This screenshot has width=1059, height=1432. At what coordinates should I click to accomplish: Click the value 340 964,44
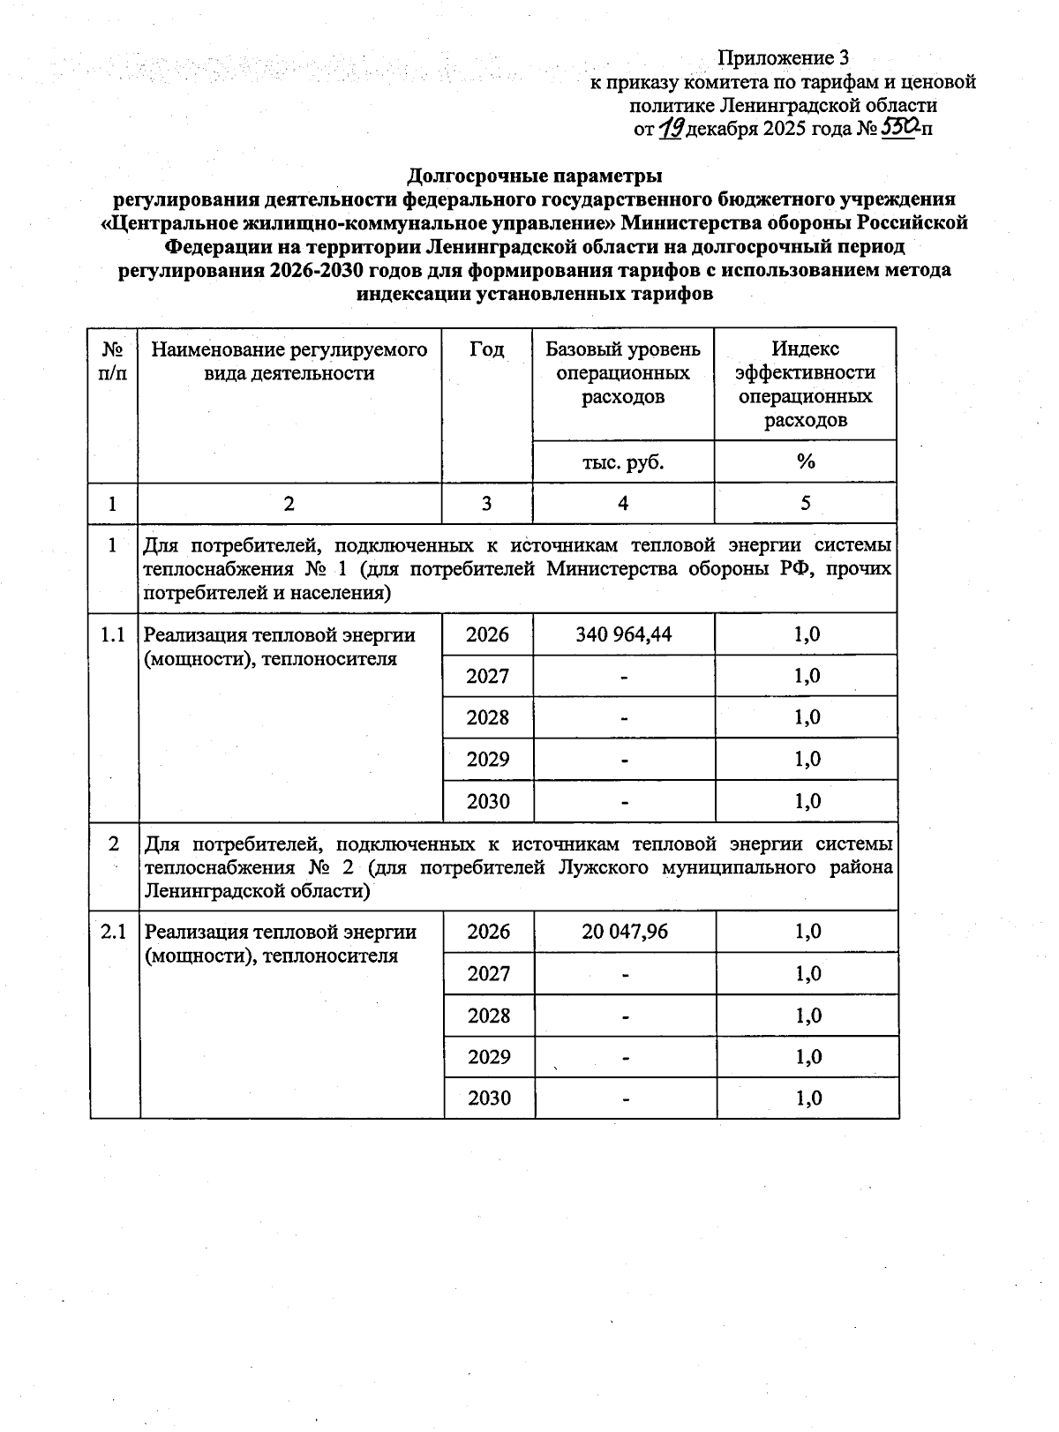(x=623, y=634)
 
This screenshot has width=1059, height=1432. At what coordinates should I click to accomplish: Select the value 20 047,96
(x=625, y=932)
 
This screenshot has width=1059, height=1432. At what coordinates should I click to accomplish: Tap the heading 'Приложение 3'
(x=783, y=58)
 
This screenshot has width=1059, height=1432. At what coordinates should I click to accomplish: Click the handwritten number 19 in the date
(x=671, y=129)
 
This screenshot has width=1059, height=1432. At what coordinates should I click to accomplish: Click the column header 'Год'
(x=486, y=350)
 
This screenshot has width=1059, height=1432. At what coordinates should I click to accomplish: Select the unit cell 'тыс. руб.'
(x=623, y=462)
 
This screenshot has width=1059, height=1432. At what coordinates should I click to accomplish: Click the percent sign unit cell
(x=805, y=462)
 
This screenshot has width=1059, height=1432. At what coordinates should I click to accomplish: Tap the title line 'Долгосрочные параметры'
(x=534, y=175)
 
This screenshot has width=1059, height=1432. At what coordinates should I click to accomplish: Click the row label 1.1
(x=113, y=634)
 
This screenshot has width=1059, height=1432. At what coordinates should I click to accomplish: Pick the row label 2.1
(x=114, y=932)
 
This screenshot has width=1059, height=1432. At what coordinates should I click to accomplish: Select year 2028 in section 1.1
(x=488, y=717)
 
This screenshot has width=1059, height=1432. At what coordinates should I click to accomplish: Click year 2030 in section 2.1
(x=489, y=1098)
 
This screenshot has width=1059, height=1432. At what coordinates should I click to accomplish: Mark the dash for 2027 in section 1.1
(x=623, y=677)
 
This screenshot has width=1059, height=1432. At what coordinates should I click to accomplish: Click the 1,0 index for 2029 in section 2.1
(x=807, y=1057)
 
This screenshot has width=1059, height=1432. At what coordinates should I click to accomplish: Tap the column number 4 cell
(x=623, y=504)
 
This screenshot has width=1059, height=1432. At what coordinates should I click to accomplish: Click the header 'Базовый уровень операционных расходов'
(x=623, y=373)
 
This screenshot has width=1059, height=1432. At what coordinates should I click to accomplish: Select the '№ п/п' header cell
(x=113, y=362)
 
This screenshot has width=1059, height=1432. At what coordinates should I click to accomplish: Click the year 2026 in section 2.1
(x=488, y=932)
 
